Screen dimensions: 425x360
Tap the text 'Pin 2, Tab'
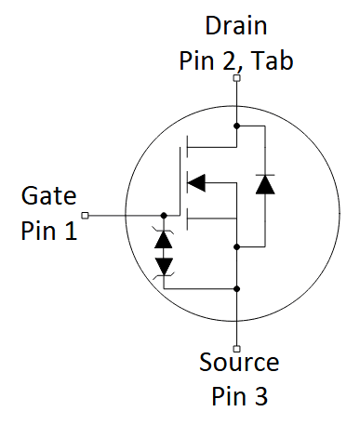click(x=236, y=61)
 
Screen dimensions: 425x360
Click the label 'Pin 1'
click(x=48, y=231)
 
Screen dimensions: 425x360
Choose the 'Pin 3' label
click(x=237, y=396)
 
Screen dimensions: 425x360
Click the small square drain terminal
click(x=237, y=80)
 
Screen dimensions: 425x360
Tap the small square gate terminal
click(x=86, y=216)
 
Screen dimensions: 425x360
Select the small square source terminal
click(x=237, y=349)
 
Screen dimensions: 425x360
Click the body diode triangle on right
click(x=265, y=183)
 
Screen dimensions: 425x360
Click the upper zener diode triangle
click(x=165, y=238)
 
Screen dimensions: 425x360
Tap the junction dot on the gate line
click(x=165, y=216)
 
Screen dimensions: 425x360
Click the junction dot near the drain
click(x=237, y=125)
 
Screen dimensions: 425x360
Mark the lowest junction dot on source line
click(x=237, y=287)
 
